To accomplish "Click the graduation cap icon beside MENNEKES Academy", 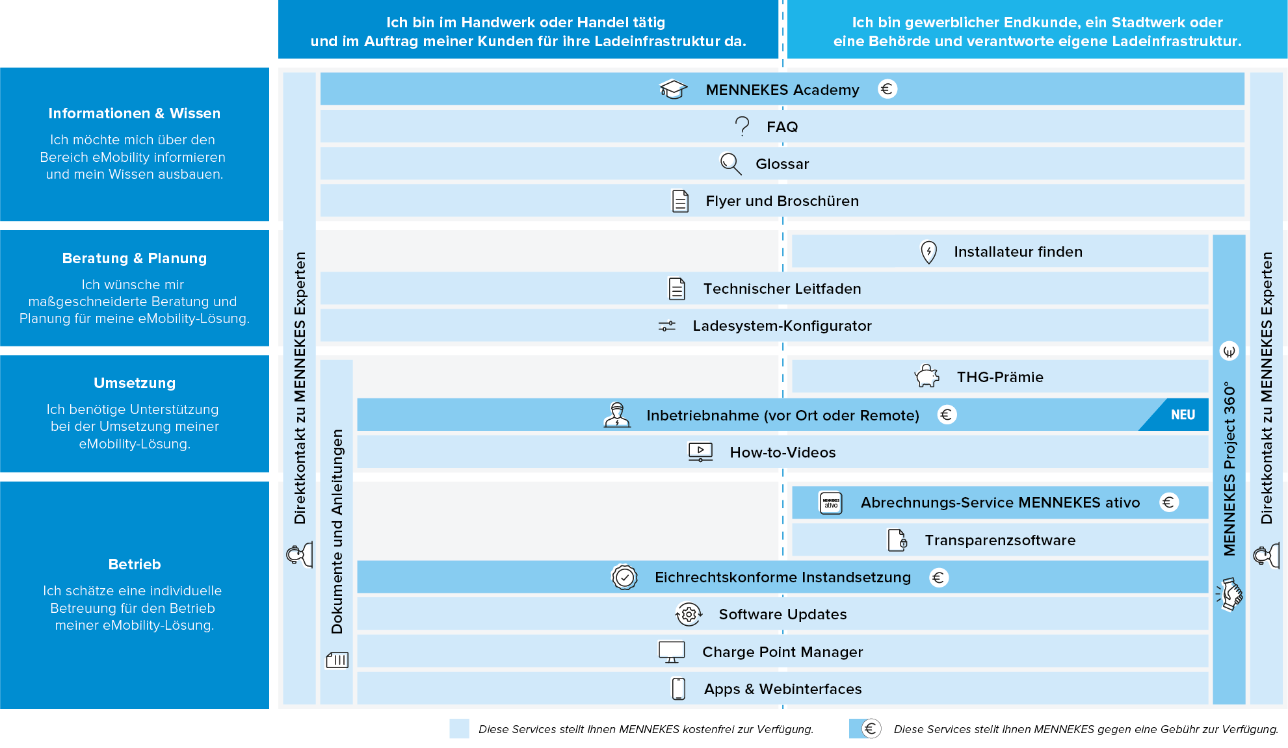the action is coord(673,89).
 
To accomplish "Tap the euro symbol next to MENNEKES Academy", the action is coord(887,89).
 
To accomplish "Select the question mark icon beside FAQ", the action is coord(742,126).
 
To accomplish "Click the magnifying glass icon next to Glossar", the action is coord(731,164).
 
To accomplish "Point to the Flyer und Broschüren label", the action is coord(782,201).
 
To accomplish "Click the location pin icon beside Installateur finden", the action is coord(929,252).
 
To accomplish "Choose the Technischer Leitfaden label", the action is coord(782,289).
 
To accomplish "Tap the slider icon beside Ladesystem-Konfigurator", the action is coord(667,326).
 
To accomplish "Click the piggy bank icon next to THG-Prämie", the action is coord(927,376).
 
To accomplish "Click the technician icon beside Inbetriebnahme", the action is coord(617,415).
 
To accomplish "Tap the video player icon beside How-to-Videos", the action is coord(700,452).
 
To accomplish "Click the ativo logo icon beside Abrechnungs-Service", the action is coord(831,502).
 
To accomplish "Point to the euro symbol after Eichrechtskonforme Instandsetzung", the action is coord(939,577).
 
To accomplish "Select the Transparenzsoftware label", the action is coord(1000,540).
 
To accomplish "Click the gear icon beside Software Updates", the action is coord(689,614).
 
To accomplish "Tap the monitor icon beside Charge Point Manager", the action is coord(672,652).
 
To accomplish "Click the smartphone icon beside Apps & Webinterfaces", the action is coord(679,689).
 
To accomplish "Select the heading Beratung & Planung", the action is coord(135,258).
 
